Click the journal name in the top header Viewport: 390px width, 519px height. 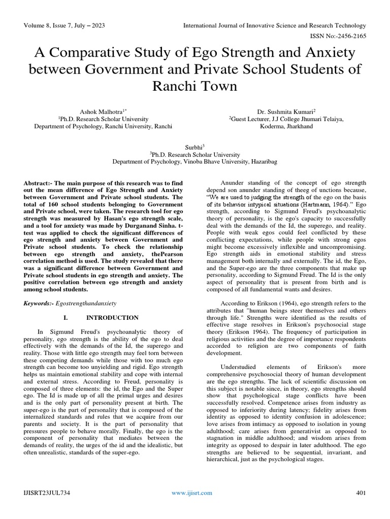[274, 25]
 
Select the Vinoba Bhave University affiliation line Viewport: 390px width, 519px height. [194, 162]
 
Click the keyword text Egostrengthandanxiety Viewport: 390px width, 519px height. [87, 303]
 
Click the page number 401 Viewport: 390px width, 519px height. [361, 493]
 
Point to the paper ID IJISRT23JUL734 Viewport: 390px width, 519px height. [46, 493]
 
